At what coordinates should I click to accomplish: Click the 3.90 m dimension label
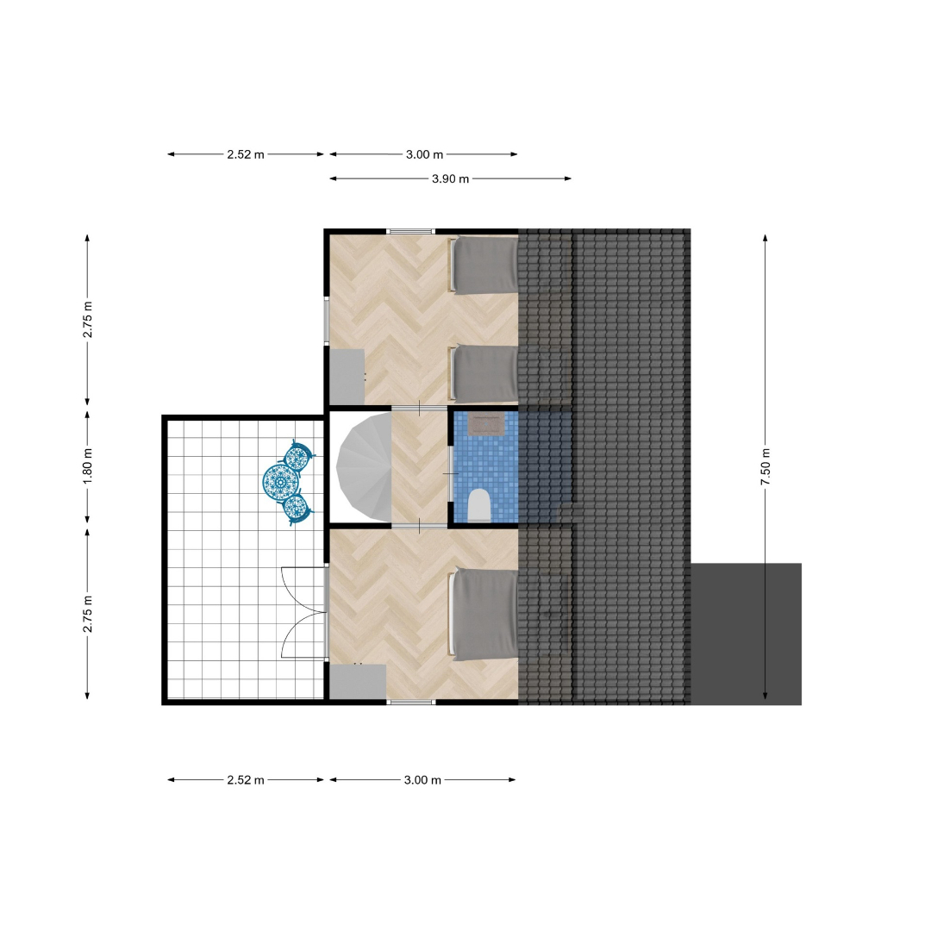(x=450, y=178)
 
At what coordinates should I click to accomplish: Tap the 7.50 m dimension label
(x=765, y=466)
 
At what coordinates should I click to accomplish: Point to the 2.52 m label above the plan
(x=245, y=154)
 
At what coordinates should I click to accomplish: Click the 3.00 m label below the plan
(x=422, y=780)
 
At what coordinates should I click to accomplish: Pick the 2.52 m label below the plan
(x=245, y=780)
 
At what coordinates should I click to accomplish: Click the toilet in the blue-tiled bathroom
(x=478, y=505)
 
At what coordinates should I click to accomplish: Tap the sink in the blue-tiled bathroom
(x=486, y=424)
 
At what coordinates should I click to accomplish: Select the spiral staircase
(x=364, y=468)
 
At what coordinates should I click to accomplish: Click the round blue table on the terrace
(x=279, y=482)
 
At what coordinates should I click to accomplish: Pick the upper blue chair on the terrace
(x=298, y=456)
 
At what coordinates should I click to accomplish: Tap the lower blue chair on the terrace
(x=297, y=508)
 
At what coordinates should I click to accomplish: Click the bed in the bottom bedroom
(x=484, y=615)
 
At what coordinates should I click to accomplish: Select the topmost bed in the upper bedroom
(x=484, y=265)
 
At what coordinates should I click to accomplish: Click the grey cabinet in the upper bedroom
(x=347, y=377)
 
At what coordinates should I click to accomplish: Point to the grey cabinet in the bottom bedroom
(x=358, y=682)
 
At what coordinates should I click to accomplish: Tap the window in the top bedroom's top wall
(x=411, y=232)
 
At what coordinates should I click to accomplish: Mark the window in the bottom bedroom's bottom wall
(x=411, y=703)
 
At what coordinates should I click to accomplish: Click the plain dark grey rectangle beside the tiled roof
(x=746, y=634)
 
